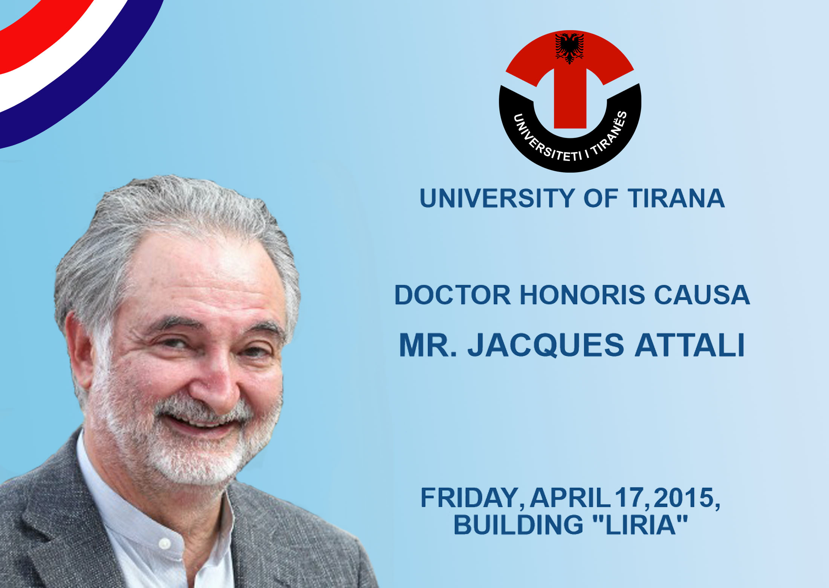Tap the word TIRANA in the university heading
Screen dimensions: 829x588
676,198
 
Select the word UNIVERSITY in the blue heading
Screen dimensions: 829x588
497,198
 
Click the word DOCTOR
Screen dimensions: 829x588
452,295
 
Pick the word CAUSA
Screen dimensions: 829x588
702,295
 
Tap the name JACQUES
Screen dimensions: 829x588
546,345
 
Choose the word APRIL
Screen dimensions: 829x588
570,498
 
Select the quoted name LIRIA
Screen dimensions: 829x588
640,525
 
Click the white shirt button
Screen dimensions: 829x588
165,543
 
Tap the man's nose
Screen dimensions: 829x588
215,381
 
